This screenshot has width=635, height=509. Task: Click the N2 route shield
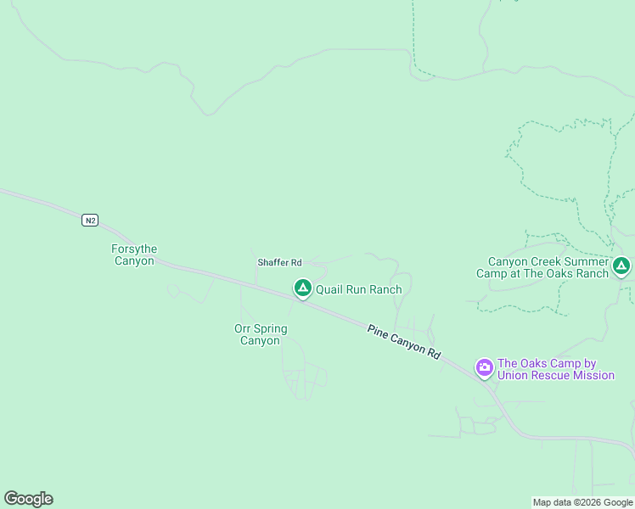(x=90, y=221)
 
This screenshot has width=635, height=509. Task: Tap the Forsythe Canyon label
(x=134, y=255)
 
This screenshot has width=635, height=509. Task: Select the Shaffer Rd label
(x=279, y=263)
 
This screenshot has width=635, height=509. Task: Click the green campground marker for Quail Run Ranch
(x=302, y=288)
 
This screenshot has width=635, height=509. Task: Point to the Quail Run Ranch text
(x=358, y=289)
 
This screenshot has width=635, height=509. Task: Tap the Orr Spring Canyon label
(x=261, y=334)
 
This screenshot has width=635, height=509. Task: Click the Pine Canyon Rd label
(x=404, y=342)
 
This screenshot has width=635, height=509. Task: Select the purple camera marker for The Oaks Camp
(x=485, y=367)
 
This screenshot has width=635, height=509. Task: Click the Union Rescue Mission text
(x=556, y=375)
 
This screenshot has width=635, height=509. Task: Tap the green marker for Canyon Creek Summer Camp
(x=621, y=266)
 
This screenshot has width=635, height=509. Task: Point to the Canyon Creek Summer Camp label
(x=548, y=267)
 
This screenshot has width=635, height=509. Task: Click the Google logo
(x=28, y=499)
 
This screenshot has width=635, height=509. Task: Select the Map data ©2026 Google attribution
(x=583, y=502)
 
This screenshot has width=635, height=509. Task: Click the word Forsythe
(x=134, y=249)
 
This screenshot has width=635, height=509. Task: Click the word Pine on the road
(x=377, y=329)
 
